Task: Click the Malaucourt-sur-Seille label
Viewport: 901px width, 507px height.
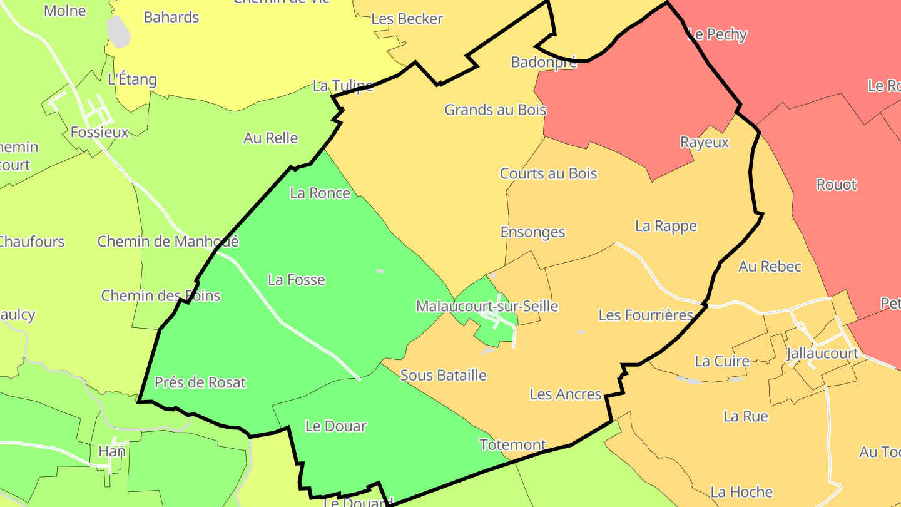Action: [487, 306]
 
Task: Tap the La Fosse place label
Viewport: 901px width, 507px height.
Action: [297, 279]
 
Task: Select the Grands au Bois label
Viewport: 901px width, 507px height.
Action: [495, 110]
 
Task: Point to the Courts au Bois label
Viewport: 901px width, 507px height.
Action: [548, 173]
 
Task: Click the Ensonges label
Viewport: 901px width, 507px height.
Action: [532, 232]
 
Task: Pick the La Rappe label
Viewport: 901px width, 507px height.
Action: [666, 225]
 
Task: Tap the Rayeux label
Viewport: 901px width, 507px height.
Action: [705, 142]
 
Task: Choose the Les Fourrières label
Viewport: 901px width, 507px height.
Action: [646, 315]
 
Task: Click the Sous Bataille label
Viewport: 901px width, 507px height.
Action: [443, 375]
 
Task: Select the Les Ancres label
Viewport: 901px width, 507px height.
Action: [566, 394]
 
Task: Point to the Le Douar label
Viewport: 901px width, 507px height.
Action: [335, 426]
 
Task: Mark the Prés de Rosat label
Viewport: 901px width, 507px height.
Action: [200, 382]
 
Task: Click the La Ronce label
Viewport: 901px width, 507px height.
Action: [320, 193]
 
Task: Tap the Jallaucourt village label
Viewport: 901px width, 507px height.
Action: [822, 352]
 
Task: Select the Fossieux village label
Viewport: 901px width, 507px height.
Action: [99, 132]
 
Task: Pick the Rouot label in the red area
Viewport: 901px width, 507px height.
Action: [837, 185]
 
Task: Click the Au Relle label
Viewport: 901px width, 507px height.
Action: [271, 138]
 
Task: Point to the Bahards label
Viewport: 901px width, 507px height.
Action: [171, 17]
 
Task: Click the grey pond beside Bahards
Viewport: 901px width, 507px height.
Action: [118, 31]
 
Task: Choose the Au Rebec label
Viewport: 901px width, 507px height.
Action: [770, 266]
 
